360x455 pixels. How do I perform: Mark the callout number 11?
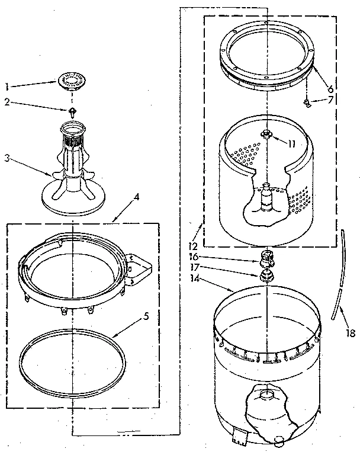coord(291,143)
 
